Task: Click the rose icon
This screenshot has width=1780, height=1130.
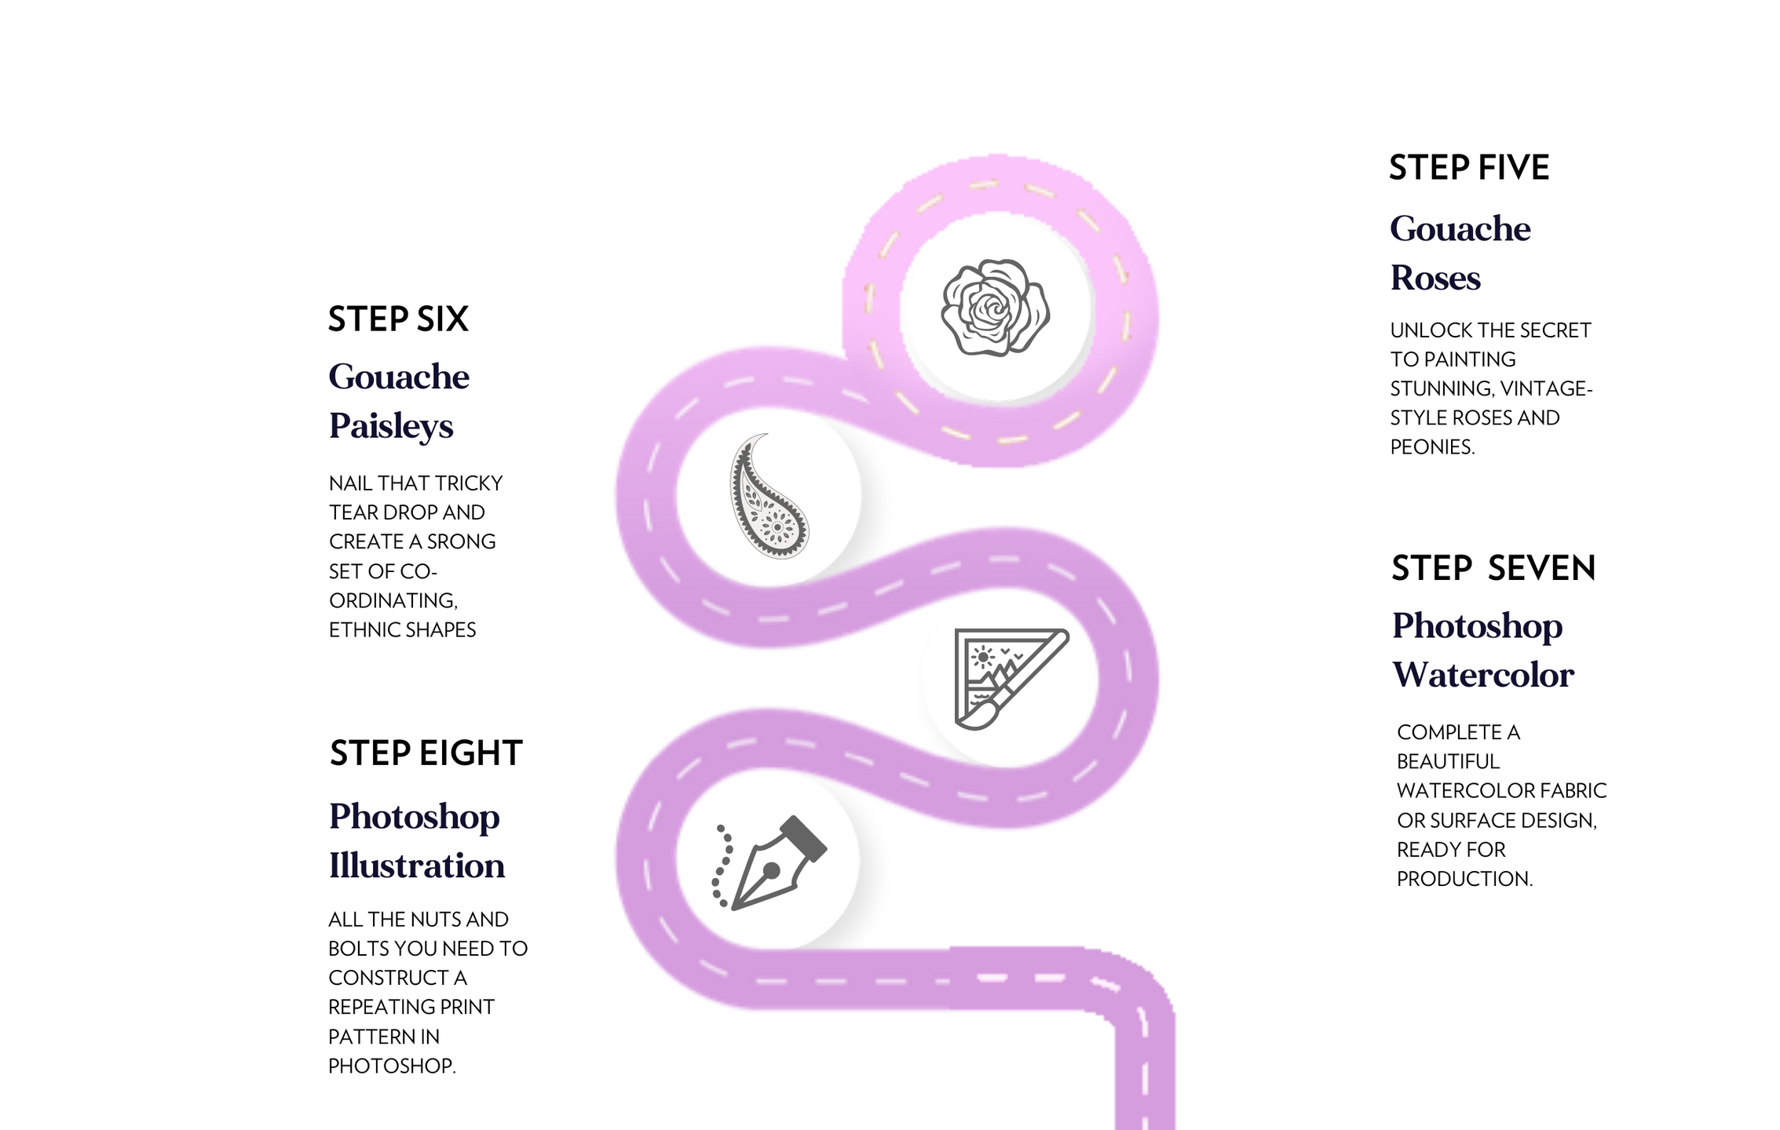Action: pyautogui.click(x=996, y=308)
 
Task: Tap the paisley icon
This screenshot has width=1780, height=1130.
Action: pyautogui.click(x=768, y=497)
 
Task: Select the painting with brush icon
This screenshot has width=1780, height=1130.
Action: pyautogui.click(x=1009, y=678)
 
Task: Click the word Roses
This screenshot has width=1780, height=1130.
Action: pyautogui.click(x=1435, y=279)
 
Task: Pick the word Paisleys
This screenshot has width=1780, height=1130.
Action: pyautogui.click(x=391, y=427)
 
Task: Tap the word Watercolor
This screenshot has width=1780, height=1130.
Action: pyautogui.click(x=1482, y=676)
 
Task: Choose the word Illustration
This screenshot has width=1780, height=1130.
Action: pyautogui.click(x=416, y=866)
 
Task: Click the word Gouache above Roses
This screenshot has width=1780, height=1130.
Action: pyautogui.click(x=1460, y=229)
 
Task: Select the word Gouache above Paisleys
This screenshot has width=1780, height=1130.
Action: pyautogui.click(x=399, y=377)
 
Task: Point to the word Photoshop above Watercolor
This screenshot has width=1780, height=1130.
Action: pyautogui.click(x=1477, y=626)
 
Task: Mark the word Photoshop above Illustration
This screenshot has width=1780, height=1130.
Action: pyautogui.click(x=414, y=817)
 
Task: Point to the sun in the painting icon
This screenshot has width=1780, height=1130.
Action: pyautogui.click(x=982, y=654)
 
